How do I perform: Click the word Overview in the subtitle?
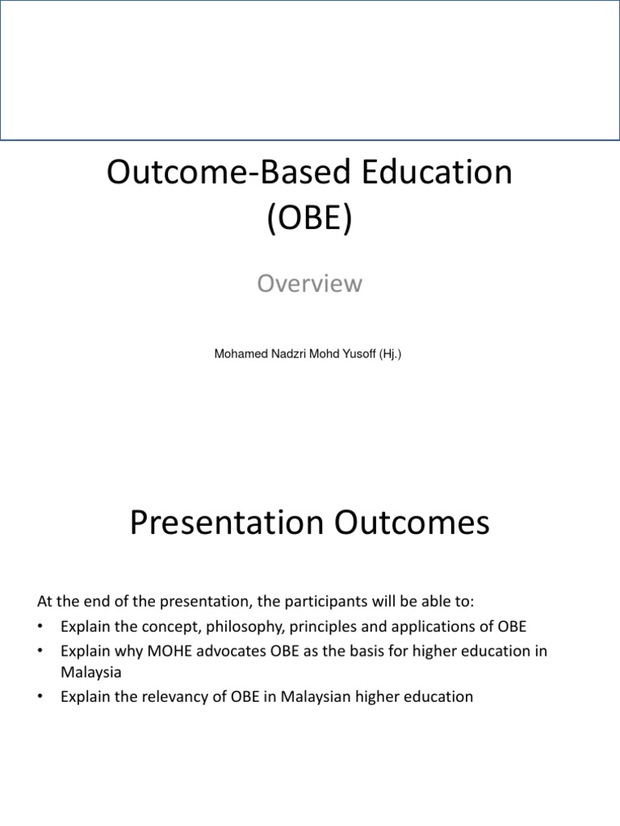click(309, 284)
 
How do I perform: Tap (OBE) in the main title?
click(310, 219)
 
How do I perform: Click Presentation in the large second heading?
click(220, 524)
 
